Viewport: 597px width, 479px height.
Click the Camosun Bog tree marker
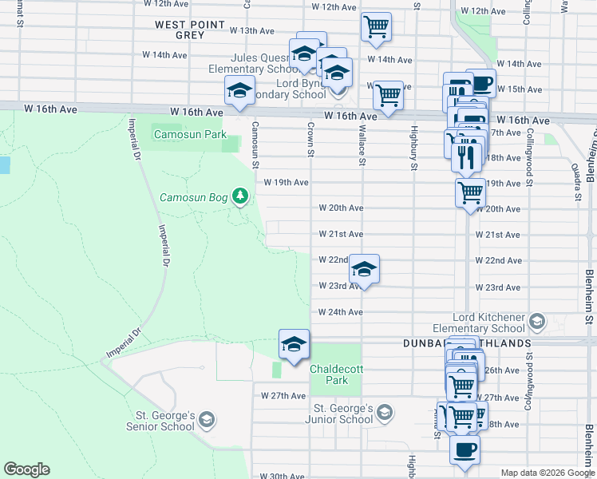(x=239, y=196)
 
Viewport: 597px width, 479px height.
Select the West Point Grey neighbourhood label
(x=191, y=30)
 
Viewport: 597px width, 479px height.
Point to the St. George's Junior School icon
(x=385, y=413)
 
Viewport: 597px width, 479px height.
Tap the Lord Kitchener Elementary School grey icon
(x=537, y=323)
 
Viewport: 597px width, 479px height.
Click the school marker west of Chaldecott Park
(x=293, y=344)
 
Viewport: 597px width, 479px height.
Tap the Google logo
(x=26, y=469)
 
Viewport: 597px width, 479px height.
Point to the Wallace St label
(x=362, y=144)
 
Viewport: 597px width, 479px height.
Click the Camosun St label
(x=255, y=144)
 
